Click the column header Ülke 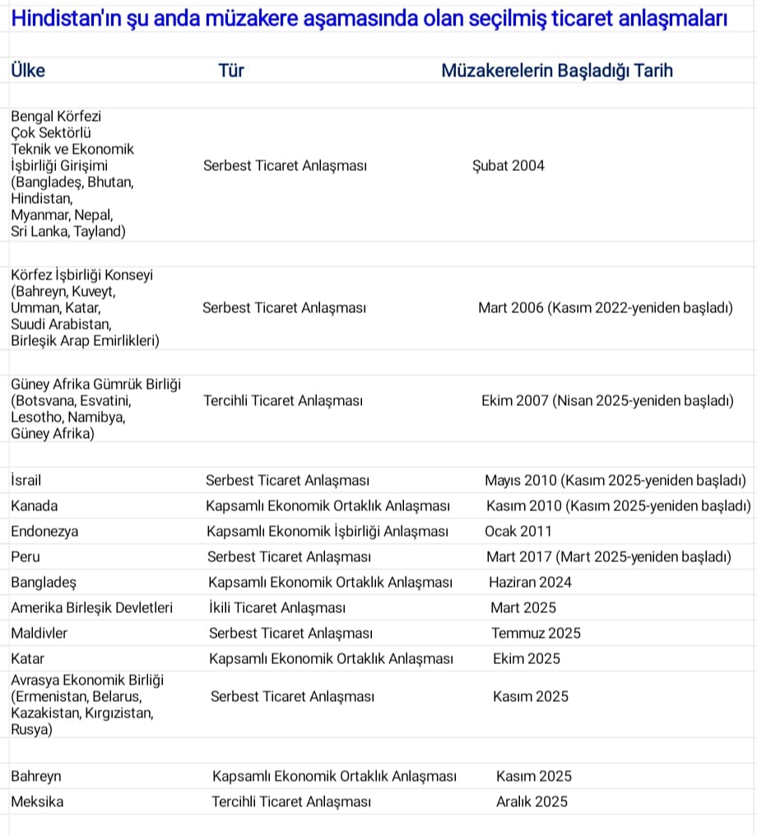28,71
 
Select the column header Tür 231,71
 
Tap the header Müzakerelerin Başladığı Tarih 557,71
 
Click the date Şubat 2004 509,166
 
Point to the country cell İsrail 26,480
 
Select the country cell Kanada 35,505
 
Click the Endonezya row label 44,531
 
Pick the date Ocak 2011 518,531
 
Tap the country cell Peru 26,556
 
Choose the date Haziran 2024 530,582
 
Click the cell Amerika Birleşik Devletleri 92,607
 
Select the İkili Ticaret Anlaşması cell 277,607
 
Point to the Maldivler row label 39,633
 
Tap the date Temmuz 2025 536,633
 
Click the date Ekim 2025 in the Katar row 527,658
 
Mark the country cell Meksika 37,801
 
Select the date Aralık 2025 532,801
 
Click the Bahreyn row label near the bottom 36,776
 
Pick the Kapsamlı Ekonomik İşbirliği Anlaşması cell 327,531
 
